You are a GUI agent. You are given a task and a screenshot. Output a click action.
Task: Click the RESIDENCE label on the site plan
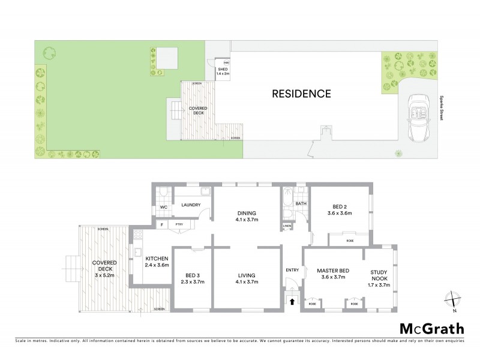[x=301, y=94]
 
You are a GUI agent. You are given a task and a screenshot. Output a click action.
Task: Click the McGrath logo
[x=431, y=328]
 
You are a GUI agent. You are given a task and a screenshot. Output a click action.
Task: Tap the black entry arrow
[x=293, y=302]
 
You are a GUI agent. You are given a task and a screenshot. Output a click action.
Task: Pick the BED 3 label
[x=192, y=277]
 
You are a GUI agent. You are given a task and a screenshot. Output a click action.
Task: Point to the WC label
[x=163, y=208]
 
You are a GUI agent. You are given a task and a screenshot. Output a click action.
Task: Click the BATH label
[x=301, y=203]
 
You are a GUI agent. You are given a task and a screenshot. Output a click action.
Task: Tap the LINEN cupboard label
[x=287, y=226]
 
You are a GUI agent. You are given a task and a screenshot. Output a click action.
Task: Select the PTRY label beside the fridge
[x=179, y=224]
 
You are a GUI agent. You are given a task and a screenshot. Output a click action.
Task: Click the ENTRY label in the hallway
[x=292, y=270]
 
